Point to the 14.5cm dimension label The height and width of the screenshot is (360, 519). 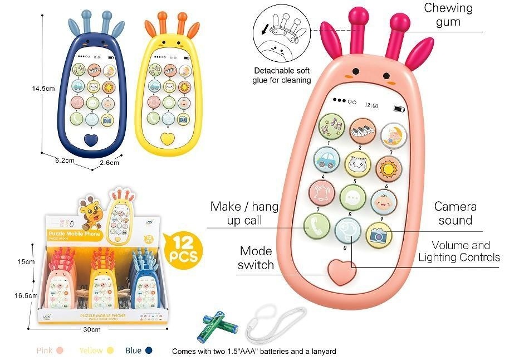point(43,88)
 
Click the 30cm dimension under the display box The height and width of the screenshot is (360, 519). point(92,330)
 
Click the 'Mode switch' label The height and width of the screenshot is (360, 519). point(256,258)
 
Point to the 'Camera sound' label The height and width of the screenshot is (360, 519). point(455,213)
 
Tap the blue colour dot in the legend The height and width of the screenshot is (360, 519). point(149,351)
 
